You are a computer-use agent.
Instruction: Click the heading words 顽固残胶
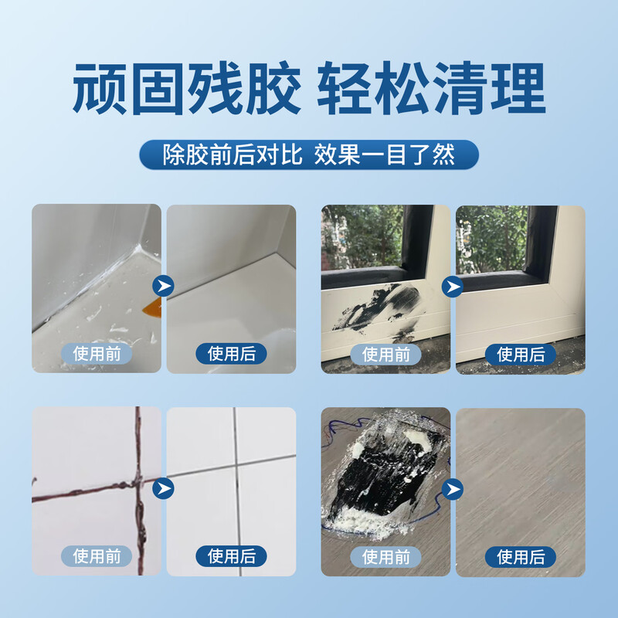(185, 89)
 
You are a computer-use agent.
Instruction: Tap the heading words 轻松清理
(431, 89)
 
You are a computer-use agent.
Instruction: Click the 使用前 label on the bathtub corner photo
(97, 354)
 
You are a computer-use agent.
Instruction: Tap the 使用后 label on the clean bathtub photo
(231, 354)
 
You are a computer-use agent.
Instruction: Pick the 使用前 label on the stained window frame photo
(386, 354)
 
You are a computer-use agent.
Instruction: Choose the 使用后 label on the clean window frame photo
(521, 354)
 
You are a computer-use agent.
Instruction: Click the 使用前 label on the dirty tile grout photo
(97, 555)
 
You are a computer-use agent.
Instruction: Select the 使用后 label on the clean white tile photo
(231, 555)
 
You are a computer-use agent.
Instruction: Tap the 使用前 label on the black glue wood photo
(386, 555)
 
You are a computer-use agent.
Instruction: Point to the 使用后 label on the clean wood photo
(521, 555)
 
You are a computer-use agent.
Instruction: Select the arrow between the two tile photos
(164, 489)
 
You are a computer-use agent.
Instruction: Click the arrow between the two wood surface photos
(453, 489)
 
